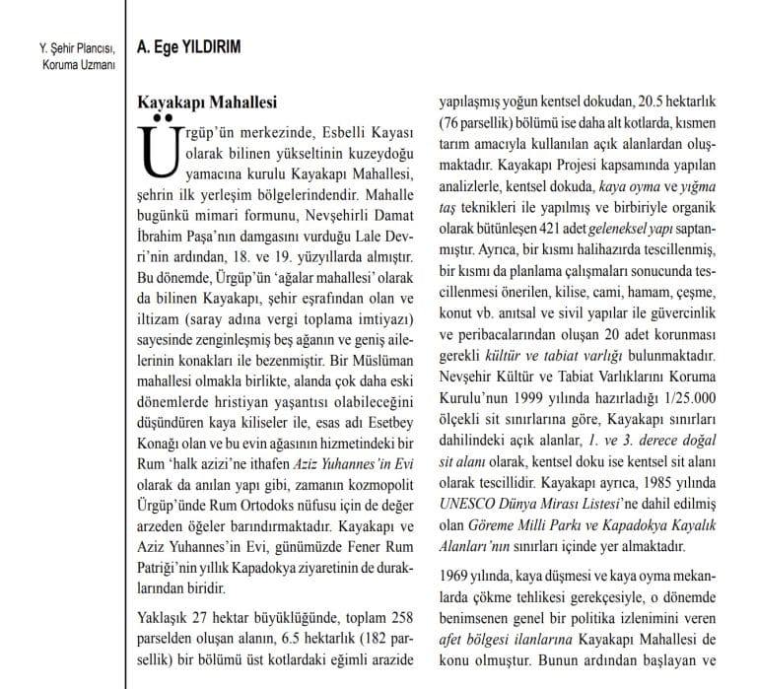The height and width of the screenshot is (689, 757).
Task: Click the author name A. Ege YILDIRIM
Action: point(190,46)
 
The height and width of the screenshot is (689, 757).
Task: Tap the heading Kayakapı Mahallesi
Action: point(205,102)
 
